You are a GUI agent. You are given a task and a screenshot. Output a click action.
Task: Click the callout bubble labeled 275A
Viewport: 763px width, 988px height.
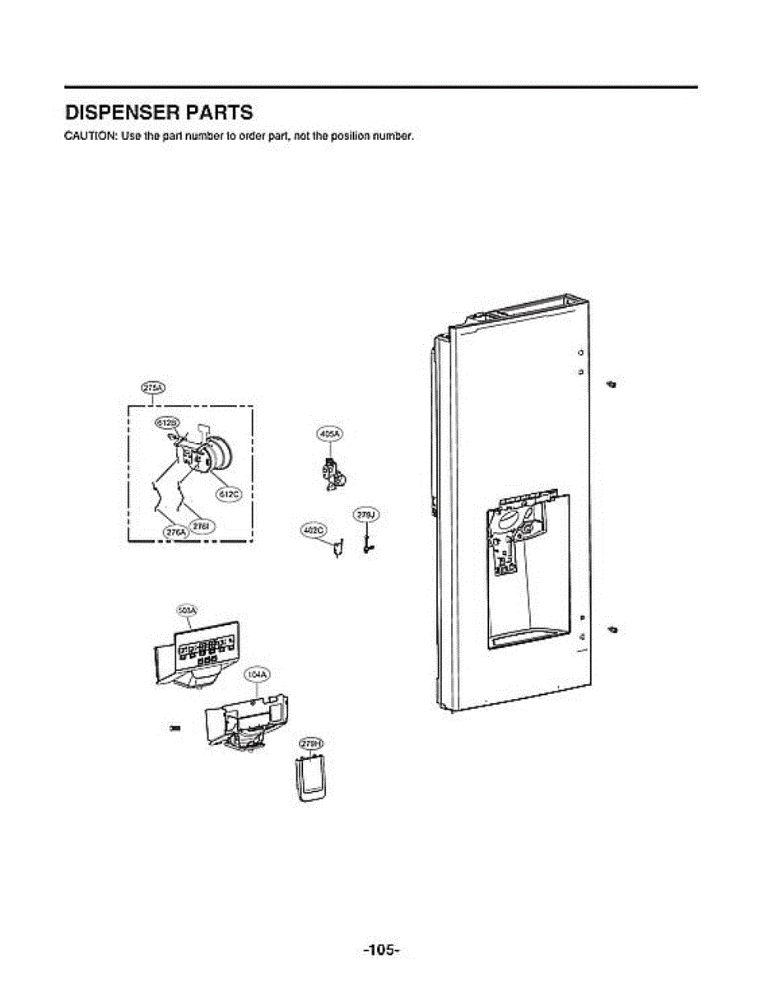pyautogui.click(x=153, y=389)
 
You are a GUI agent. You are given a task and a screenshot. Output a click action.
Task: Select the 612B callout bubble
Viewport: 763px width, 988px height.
pyautogui.click(x=167, y=422)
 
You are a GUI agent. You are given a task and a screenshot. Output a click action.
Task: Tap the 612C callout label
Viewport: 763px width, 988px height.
pyautogui.click(x=227, y=494)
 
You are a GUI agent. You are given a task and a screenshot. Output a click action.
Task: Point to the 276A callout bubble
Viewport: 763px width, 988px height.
pyautogui.click(x=176, y=533)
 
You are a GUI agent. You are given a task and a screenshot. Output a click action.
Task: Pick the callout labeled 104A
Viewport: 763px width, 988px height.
pyautogui.click(x=257, y=674)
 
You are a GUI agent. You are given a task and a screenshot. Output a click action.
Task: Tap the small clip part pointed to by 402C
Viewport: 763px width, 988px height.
pyautogui.click(x=337, y=548)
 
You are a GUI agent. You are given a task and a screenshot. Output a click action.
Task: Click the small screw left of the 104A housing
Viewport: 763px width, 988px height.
pyautogui.click(x=174, y=728)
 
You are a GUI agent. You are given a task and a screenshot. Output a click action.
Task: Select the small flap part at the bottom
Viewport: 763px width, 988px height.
pyautogui.click(x=309, y=778)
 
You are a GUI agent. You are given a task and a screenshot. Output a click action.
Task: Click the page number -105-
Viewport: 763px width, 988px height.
pyautogui.click(x=381, y=950)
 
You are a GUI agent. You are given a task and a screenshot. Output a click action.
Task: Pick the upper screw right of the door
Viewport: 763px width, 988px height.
pyautogui.click(x=611, y=384)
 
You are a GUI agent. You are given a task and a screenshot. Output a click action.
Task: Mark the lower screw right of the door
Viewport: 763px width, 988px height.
pyautogui.click(x=612, y=630)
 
